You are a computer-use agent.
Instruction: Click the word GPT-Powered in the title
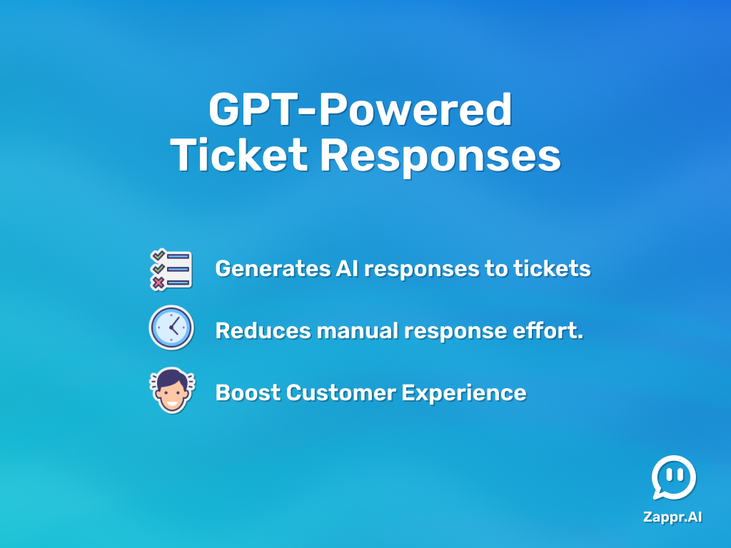point(361,109)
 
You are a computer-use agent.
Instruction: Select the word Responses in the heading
point(440,158)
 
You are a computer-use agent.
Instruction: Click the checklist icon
point(171,269)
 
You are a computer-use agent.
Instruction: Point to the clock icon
point(171,328)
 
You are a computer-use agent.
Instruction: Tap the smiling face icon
point(172,390)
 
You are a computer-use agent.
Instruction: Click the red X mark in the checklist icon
point(158,283)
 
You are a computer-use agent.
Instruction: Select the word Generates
point(273,269)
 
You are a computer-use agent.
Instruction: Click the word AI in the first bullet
point(347,269)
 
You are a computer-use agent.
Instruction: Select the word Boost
point(248,393)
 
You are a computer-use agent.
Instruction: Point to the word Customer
point(341,393)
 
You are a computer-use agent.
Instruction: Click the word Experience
point(464,394)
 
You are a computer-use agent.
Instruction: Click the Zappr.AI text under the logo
point(672,517)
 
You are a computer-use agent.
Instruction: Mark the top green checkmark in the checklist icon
point(158,255)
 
